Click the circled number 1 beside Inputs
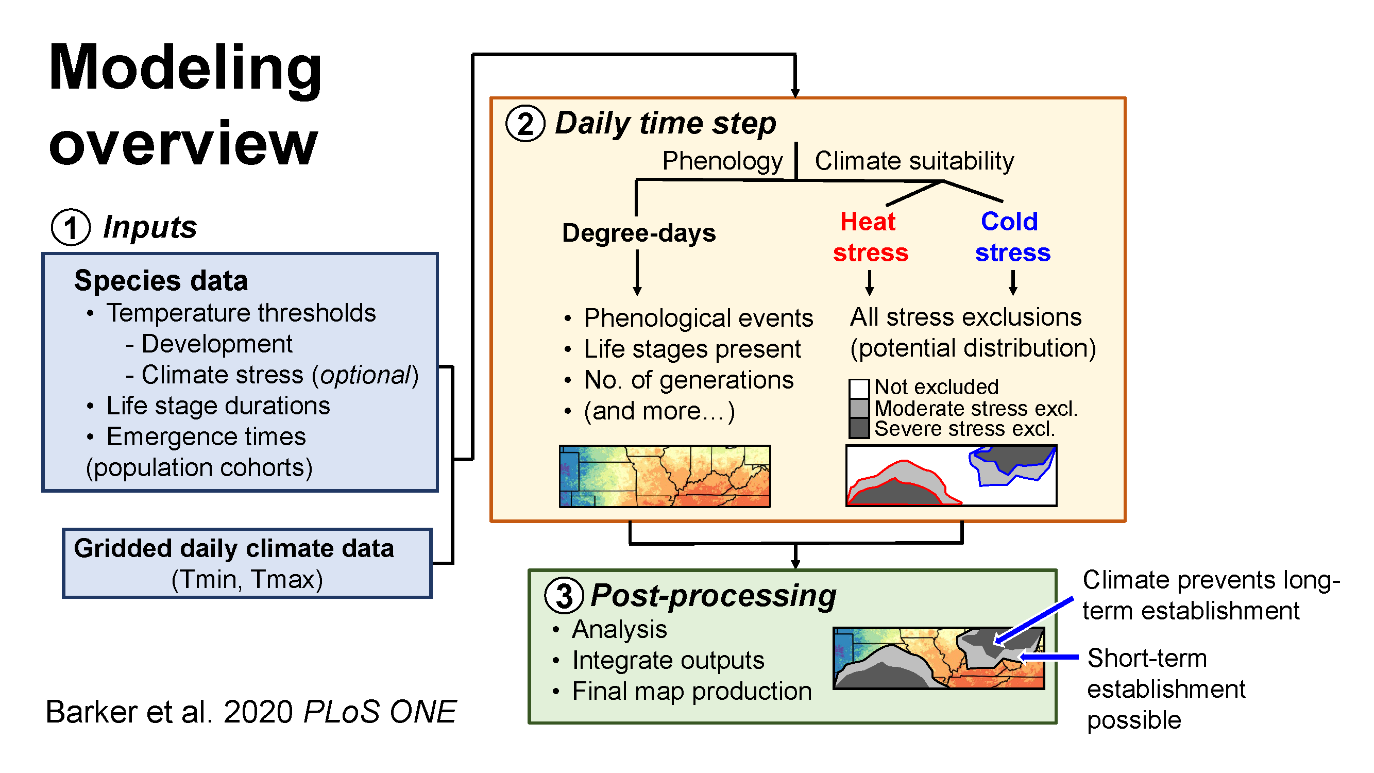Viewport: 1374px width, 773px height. pyautogui.click(x=71, y=227)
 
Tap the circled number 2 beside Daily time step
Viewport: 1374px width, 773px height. pyautogui.click(x=525, y=124)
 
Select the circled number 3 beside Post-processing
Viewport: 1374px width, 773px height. pyautogui.click(x=564, y=596)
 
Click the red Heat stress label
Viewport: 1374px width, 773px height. pyautogui.click(x=871, y=237)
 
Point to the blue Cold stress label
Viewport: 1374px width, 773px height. pyautogui.click(x=1012, y=237)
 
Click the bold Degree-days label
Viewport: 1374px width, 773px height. pyautogui.click(x=638, y=233)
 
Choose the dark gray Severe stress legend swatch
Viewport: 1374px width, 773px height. pyautogui.click(x=859, y=428)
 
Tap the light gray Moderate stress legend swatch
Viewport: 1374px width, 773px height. pyautogui.click(x=859, y=409)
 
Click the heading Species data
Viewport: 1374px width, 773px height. pyautogui.click(x=161, y=281)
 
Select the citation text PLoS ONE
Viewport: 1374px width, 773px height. pyautogui.click(x=380, y=712)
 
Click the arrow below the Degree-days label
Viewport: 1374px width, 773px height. pyautogui.click(x=637, y=273)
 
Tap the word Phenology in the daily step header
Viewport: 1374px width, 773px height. pyautogui.click(x=722, y=161)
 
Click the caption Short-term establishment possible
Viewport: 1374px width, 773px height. pyautogui.click(x=1166, y=688)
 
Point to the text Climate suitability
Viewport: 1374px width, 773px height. pyautogui.click(x=914, y=161)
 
